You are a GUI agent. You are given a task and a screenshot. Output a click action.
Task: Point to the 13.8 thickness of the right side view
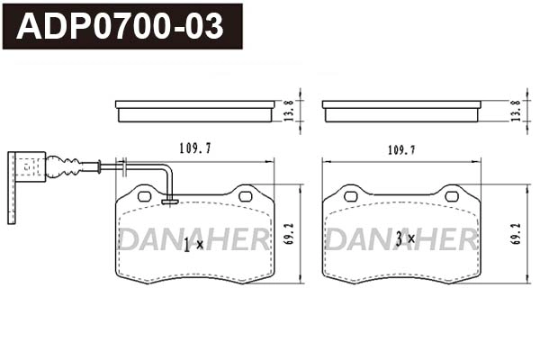pos(515,112)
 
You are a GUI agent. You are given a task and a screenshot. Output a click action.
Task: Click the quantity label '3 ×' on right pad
pos(404,239)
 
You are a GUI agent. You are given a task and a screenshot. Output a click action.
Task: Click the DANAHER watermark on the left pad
pos(193,239)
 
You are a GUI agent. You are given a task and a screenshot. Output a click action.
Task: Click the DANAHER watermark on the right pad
pos(400,239)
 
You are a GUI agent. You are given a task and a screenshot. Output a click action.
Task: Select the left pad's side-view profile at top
pos(195,111)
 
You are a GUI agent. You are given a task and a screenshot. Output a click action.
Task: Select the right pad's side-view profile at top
pos(400,111)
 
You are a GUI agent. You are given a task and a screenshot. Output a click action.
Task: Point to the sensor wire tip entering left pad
pos(168,201)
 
